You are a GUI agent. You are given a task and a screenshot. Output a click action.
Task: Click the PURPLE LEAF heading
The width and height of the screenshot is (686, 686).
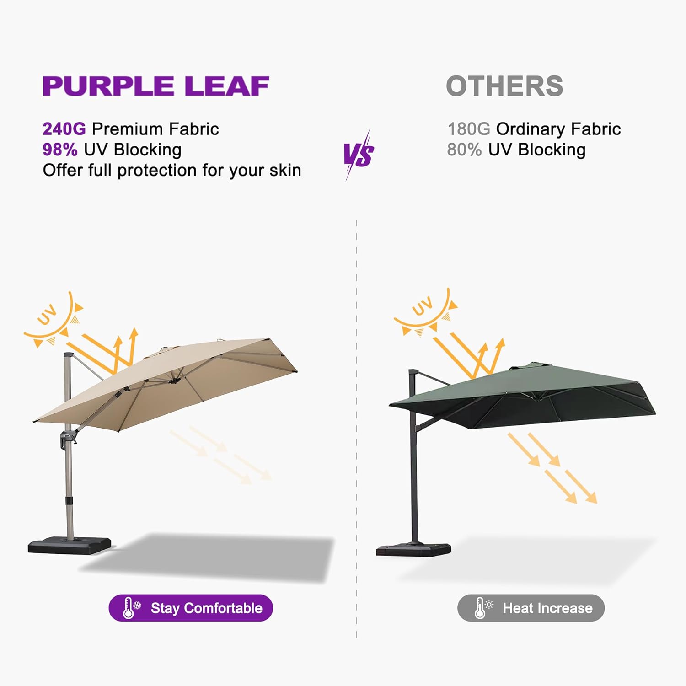coord(155,86)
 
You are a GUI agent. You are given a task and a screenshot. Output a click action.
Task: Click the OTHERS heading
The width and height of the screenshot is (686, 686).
coord(504,86)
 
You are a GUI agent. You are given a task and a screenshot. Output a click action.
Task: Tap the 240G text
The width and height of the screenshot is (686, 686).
coord(64,129)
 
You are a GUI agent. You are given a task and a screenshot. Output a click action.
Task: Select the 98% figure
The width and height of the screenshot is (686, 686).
coord(60,150)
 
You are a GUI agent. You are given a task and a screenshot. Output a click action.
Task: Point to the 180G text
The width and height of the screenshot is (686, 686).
coord(469,129)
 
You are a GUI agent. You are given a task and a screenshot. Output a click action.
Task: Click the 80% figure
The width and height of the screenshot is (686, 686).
coord(464,150)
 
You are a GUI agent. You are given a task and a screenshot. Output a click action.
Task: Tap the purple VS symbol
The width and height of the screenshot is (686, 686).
coord(359,155)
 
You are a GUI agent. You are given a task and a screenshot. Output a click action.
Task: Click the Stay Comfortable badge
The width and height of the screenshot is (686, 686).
coord(191,608)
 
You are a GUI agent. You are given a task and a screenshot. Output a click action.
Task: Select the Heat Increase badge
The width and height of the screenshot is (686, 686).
coord(531,608)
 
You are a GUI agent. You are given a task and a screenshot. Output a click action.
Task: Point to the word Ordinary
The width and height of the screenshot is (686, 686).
coord(531,129)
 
